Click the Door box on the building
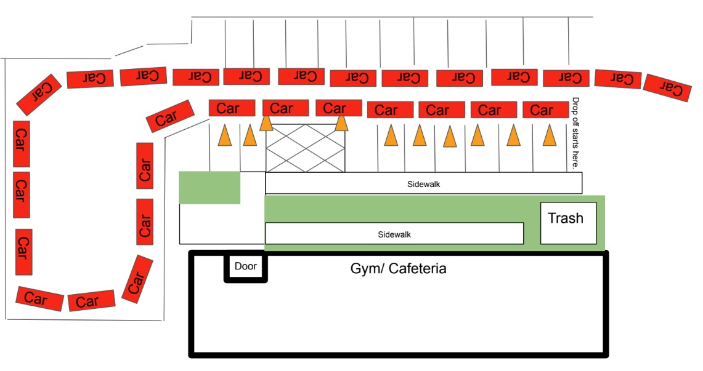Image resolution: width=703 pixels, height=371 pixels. click(245, 267)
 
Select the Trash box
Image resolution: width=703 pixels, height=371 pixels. click(568, 222)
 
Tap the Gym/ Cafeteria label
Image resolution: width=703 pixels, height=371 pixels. click(398, 269)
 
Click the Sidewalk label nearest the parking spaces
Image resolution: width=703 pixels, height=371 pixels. click(424, 183)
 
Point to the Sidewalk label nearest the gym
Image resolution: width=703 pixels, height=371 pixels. click(394, 234)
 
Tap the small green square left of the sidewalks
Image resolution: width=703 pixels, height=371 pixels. click(209, 188)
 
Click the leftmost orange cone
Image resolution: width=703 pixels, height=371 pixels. click(225, 135)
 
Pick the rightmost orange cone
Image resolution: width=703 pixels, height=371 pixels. click(549, 135)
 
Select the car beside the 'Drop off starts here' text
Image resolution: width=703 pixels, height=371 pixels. click(545, 110)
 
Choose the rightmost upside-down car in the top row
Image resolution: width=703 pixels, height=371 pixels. click(667, 87)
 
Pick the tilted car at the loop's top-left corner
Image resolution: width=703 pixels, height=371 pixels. click(39, 94)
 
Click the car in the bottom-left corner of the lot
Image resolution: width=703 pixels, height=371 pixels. click(40, 299)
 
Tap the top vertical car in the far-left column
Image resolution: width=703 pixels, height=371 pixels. click(22, 143)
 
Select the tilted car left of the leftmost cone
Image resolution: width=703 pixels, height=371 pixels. click(170, 116)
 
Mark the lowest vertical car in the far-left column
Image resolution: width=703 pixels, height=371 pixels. click(23, 252)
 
